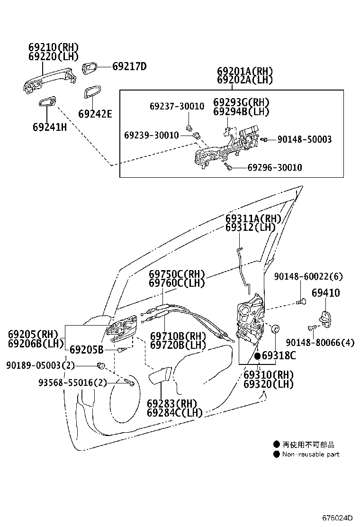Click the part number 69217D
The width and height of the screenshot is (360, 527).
point(129,67)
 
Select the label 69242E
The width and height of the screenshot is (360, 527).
point(95,114)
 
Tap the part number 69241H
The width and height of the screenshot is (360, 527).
point(49,127)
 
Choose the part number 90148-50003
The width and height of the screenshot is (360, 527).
point(304,139)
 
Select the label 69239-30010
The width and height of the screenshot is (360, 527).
point(152,136)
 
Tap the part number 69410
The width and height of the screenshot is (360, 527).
point(325,293)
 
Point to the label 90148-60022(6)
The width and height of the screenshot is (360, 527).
point(308,276)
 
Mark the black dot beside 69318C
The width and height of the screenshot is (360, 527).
point(257,355)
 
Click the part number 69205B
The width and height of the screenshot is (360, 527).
point(86,350)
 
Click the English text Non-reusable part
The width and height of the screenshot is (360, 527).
point(311,454)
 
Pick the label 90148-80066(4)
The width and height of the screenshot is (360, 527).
point(320,342)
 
